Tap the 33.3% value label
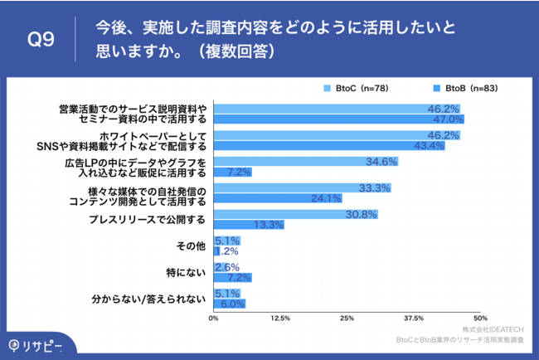[374, 188]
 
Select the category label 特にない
[187, 272]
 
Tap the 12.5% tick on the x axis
[280, 318]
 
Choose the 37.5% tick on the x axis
[413, 318]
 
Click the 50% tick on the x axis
[479, 318]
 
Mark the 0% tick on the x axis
[214, 318]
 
